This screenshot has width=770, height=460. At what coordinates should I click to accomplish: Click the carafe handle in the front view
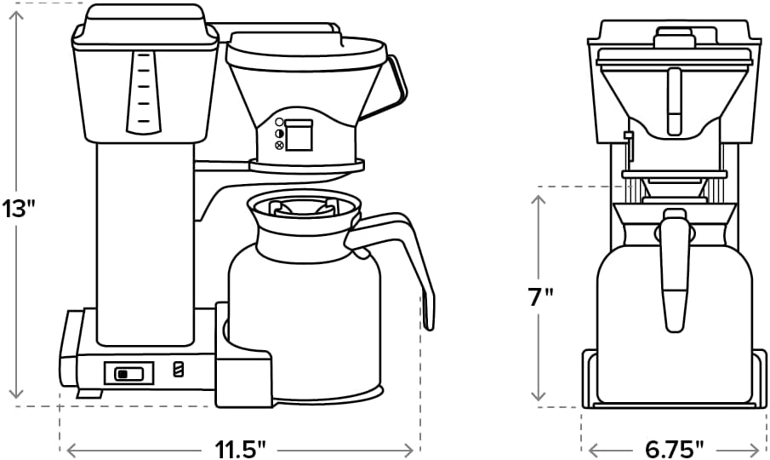(x=674, y=273)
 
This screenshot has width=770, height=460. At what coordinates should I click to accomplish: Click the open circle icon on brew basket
(x=279, y=123)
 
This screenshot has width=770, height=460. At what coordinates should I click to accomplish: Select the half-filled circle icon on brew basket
(x=279, y=134)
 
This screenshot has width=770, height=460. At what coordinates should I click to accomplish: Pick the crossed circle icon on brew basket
(x=279, y=146)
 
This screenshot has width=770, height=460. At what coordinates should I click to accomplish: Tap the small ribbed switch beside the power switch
(x=178, y=370)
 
